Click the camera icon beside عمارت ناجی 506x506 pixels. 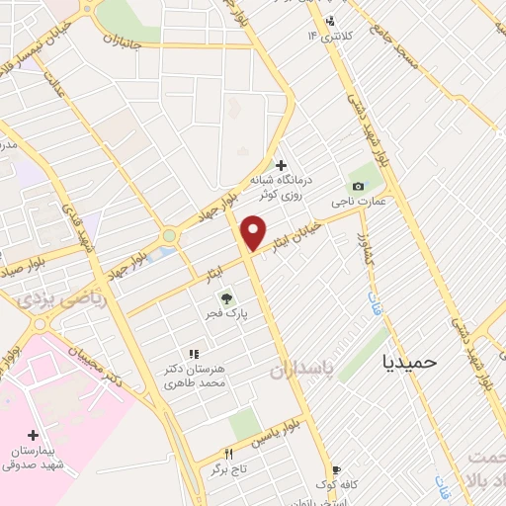[357, 186]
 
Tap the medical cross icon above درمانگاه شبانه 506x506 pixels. [282, 165]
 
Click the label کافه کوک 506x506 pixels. [336, 485]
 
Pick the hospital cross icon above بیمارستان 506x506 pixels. [36, 435]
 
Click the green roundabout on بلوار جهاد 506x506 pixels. [169, 236]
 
